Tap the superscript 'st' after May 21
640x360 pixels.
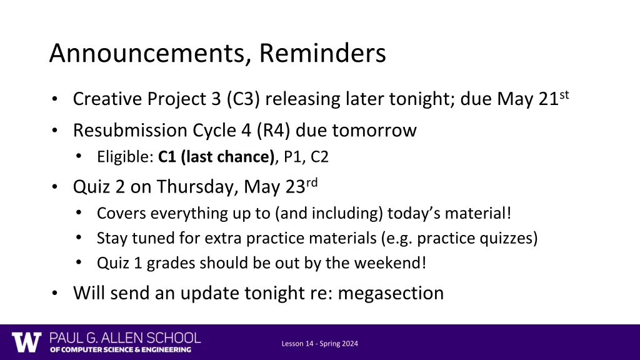(x=564, y=95)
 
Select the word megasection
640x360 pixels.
(x=391, y=293)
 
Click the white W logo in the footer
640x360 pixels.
(x=26, y=342)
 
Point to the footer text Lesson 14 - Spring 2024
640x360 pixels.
(x=319, y=344)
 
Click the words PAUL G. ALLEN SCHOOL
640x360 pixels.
(x=126, y=338)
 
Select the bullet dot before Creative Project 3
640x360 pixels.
(x=56, y=100)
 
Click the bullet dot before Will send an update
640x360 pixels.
(x=56, y=294)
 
